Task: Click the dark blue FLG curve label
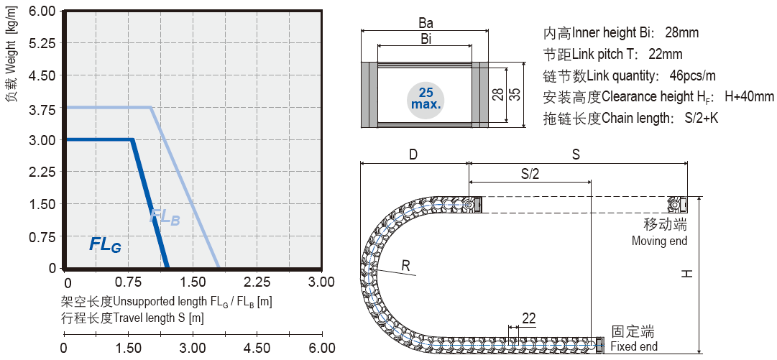pyautogui.click(x=105, y=244)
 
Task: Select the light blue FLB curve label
pyautogui.click(x=165, y=216)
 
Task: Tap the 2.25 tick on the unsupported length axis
pyautogui.click(x=257, y=282)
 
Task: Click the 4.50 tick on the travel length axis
pyautogui.click(x=257, y=348)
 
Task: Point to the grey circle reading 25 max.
pyautogui.click(x=426, y=98)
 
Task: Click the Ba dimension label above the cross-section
pyautogui.click(x=426, y=23)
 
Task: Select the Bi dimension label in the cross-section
pyautogui.click(x=426, y=40)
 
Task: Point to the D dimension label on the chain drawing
pyautogui.click(x=413, y=154)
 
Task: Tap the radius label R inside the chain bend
pyautogui.click(x=405, y=267)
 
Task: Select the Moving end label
pyautogui.click(x=659, y=241)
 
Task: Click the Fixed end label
pyautogui.click(x=633, y=346)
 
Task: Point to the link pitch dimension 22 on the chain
pyautogui.click(x=528, y=318)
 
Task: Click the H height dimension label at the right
pyautogui.click(x=687, y=273)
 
